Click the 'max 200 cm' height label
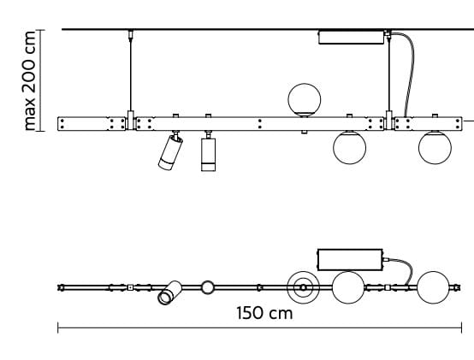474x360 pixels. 32,81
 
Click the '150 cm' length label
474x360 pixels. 264,313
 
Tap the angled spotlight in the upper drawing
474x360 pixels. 169,152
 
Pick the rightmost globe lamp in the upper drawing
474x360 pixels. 434,148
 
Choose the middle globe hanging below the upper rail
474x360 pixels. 348,148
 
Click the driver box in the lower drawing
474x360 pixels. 350,259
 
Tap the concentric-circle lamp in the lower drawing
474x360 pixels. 302,287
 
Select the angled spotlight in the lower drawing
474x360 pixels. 169,292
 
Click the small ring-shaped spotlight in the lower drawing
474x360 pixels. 207,287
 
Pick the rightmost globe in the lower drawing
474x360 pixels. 433,287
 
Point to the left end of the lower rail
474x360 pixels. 61,287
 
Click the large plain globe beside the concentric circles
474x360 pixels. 347,287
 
